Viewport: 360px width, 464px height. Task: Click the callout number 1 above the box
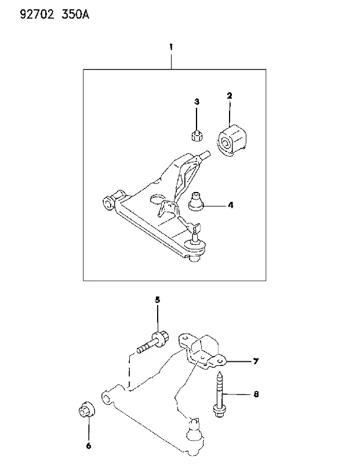171,47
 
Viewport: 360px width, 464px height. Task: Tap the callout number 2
230,96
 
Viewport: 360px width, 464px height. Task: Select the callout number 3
197,102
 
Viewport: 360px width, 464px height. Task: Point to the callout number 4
231,205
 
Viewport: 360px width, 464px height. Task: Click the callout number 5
157,300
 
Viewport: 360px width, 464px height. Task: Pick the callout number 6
89,445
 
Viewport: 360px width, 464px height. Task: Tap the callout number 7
256,361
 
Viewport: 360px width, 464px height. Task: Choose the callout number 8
256,394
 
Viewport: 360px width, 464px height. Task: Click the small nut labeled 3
197,136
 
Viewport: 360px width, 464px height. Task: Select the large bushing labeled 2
231,140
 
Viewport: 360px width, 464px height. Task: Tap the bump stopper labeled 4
196,201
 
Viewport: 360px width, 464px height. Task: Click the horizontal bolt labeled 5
153,343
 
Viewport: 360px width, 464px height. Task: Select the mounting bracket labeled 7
202,351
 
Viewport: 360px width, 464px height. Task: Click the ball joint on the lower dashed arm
195,434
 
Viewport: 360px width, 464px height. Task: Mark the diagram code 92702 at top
37,14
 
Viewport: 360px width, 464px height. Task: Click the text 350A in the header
75,14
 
